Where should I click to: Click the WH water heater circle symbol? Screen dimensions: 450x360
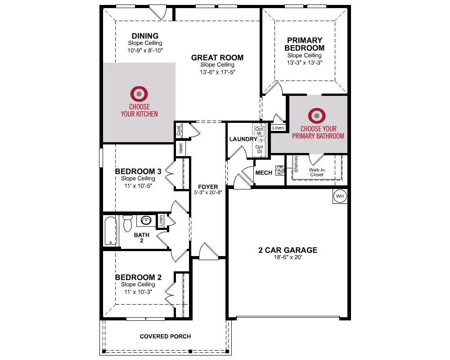click(x=340, y=196)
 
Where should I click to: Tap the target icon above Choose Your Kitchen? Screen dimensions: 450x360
click(x=139, y=94)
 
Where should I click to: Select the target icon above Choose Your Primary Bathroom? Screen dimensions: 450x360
click(x=317, y=116)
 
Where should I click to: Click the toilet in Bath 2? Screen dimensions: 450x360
click(x=127, y=223)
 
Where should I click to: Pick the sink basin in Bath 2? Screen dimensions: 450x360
click(x=146, y=220)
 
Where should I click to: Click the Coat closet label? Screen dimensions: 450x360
click(x=179, y=130)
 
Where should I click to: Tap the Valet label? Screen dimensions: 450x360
click(x=180, y=148)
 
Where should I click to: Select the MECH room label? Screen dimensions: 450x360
click(x=264, y=173)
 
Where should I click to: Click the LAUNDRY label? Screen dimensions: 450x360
click(x=243, y=139)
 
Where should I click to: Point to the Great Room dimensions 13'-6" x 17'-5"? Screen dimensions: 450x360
click(x=217, y=72)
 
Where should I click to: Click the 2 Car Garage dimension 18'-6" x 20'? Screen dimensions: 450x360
click(x=288, y=257)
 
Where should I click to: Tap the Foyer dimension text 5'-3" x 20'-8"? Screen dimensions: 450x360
click(x=208, y=192)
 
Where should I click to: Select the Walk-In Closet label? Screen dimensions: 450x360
click(x=317, y=172)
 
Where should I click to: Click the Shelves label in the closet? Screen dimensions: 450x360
click(x=296, y=164)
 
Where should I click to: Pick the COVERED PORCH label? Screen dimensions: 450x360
click(x=165, y=337)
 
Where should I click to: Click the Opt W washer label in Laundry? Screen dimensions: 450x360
click(x=259, y=131)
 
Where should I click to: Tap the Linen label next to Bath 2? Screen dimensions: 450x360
click(x=161, y=220)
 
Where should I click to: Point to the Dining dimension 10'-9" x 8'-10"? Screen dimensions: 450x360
click(x=145, y=50)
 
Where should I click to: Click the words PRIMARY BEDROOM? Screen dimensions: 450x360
click(x=305, y=44)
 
